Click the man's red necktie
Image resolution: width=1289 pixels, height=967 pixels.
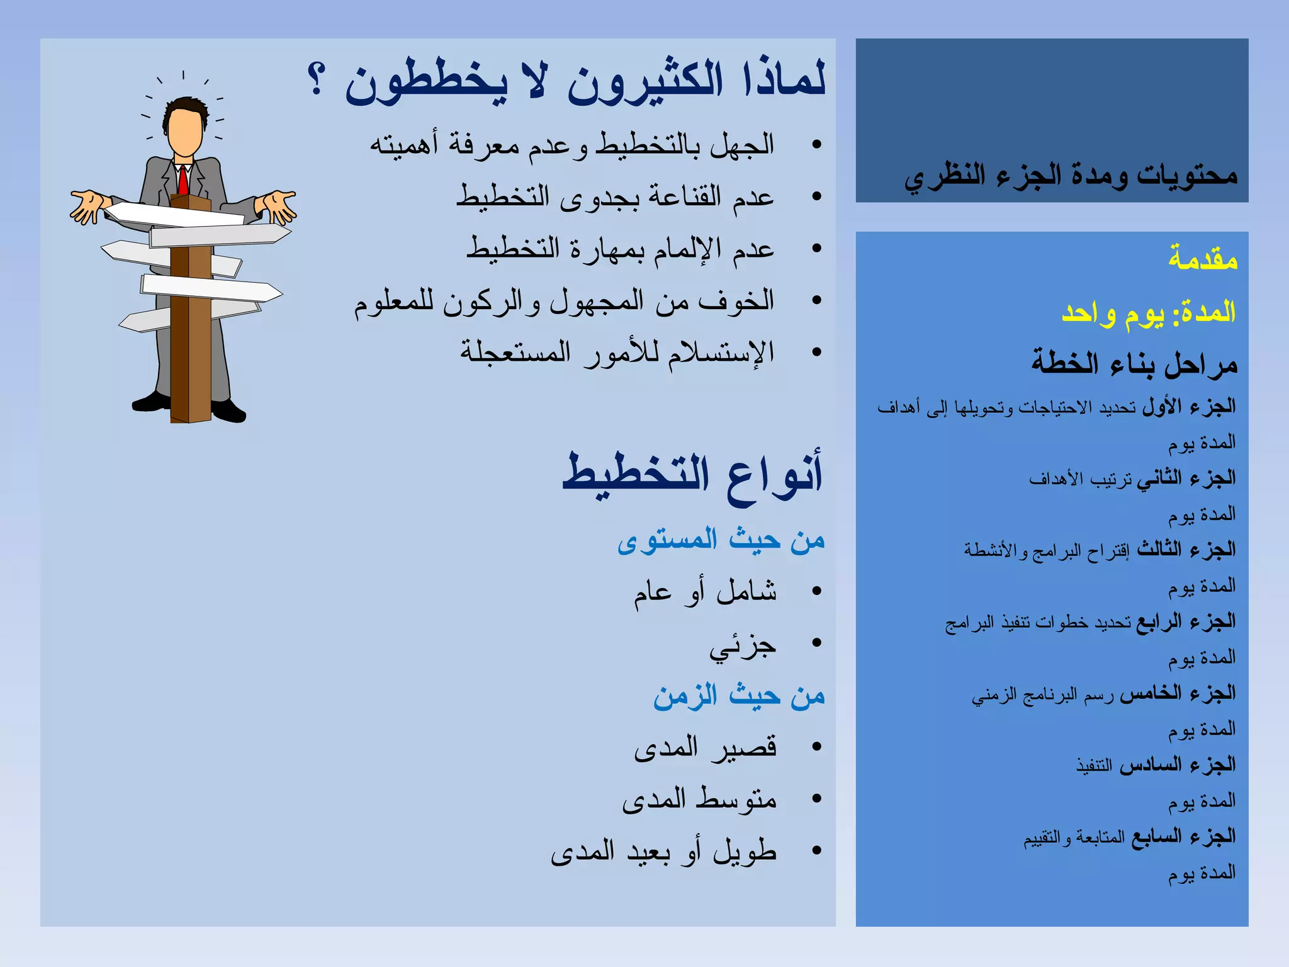pos(183,180)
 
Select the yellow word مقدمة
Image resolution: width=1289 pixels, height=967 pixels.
pos(1203,259)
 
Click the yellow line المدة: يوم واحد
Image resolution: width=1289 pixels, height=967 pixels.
pos(1149,312)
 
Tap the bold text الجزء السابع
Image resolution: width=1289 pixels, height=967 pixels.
pos(1183,837)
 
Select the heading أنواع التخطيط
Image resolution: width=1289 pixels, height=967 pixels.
pos(692,475)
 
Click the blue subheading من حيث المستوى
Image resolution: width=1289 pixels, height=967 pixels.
pos(721,540)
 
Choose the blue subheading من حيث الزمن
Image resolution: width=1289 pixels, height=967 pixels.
pos(739,696)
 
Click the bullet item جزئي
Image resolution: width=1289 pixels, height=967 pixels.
pos(743,646)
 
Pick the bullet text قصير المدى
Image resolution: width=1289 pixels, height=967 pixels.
pos(705,747)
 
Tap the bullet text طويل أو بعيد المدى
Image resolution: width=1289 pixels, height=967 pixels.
pos(663,852)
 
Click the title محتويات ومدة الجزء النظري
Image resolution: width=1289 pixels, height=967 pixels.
pos(1071,176)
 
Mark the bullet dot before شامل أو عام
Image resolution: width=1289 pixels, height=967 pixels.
pos(817,591)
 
